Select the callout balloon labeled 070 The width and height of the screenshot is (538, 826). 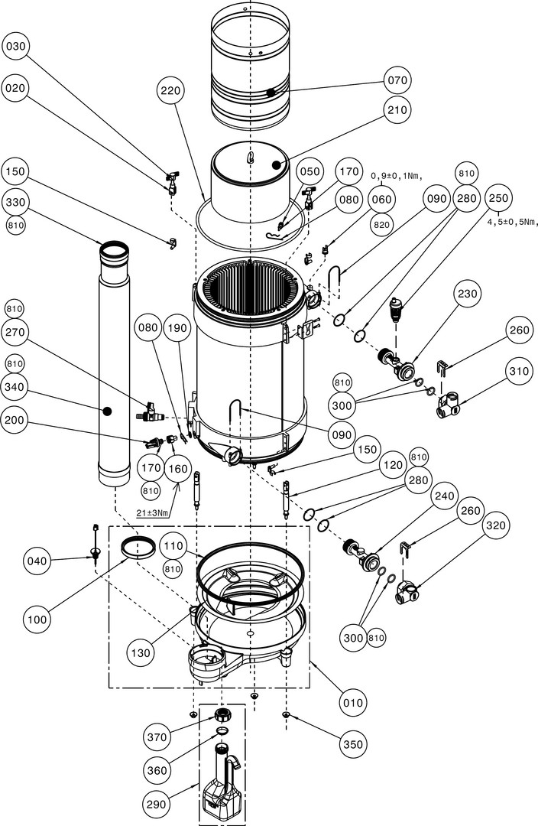point(399,80)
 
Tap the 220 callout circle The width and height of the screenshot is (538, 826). point(172,90)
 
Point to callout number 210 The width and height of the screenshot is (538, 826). point(398,110)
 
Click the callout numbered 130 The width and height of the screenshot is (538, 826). point(141,653)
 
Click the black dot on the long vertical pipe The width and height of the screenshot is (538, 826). point(108,411)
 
